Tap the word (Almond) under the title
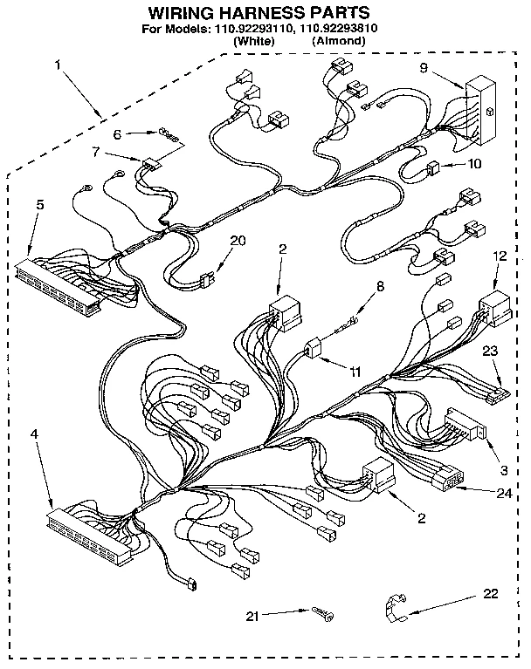tap(337, 40)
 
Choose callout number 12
tap(499, 256)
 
